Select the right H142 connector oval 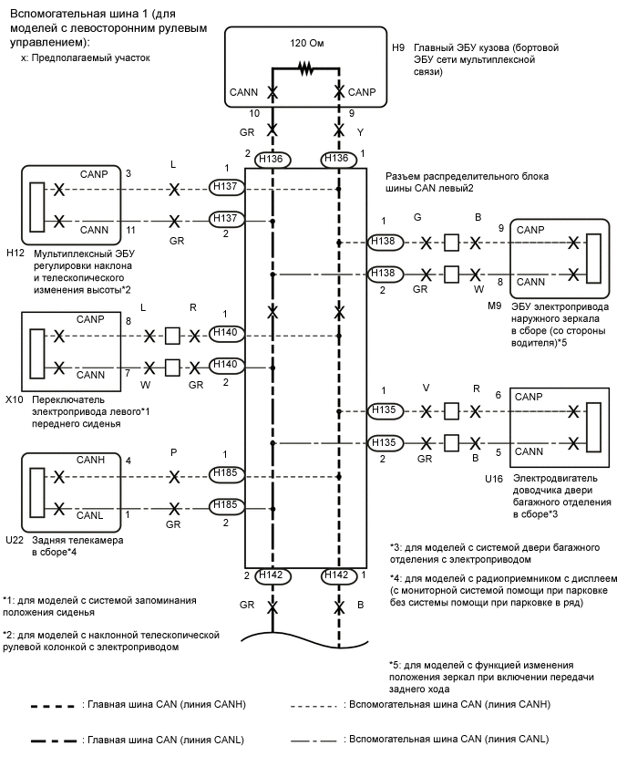338,575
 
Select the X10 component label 14,399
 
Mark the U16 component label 493,477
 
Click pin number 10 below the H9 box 255,113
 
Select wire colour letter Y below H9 360,131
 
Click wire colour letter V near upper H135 426,388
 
